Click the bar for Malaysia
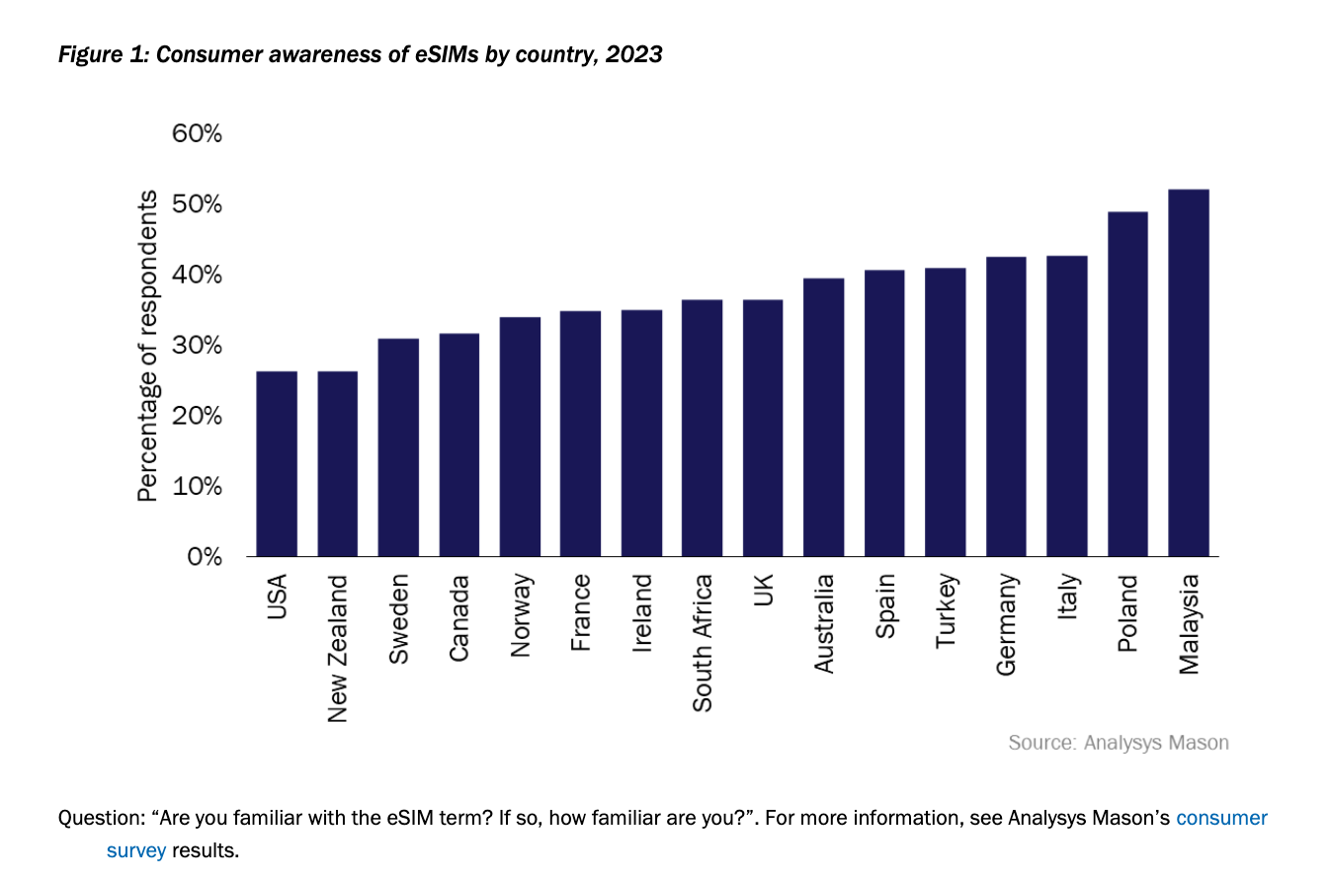tap(1188, 373)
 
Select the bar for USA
tap(276, 464)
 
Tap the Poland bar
tap(1127, 384)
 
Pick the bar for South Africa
tap(702, 428)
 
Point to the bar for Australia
tap(823, 418)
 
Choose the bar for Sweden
tap(397, 447)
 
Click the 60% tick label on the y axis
tap(197, 133)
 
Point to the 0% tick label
tap(204, 557)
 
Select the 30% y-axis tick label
tap(197, 346)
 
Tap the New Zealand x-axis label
tap(338, 647)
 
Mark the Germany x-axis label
tap(1006, 623)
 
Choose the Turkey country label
tap(946, 609)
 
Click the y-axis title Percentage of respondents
tap(147, 346)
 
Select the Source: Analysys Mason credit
tap(1118, 742)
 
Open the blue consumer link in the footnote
tap(1221, 818)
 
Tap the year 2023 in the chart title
tap(635, 55)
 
